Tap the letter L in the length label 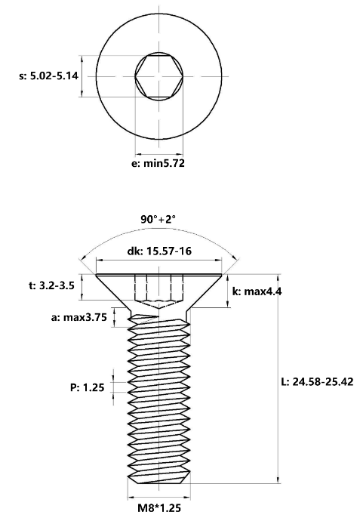tap(283, 381)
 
